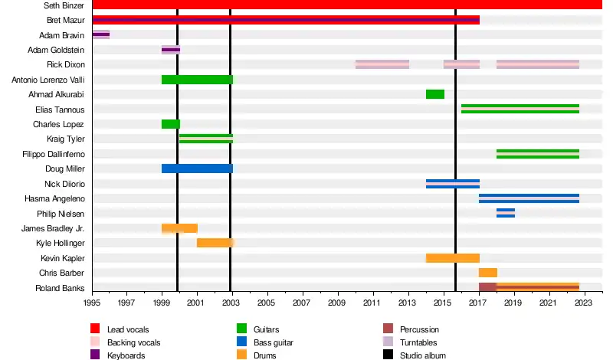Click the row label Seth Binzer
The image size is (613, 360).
(x=64, y=5)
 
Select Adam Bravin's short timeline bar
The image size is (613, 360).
(x=100, y=34)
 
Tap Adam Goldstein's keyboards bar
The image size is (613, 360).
(x=171, y=50)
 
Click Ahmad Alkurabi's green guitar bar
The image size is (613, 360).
(x=435, y=94)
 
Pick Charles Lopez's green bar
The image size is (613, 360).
(x=171, y=124)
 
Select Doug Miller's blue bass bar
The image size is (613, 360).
(x=197, y=169)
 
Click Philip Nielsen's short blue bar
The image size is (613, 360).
(x=506, y=213)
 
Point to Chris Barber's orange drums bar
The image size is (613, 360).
(x=488, y=273)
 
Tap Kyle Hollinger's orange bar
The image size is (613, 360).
(x=215, y=243)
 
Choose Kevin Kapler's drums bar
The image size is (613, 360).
(x=453, y=258)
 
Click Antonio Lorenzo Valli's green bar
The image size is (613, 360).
(x=197, y=80)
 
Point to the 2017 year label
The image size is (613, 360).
(x=479, y=303)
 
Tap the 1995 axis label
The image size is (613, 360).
(x=92, y=303)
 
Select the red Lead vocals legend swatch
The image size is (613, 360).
(x=96, y=329)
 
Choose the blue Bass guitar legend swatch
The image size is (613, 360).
(x=241, y=342)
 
